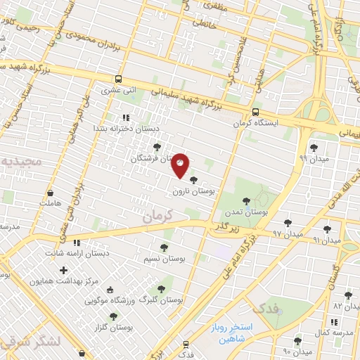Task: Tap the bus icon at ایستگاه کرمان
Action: click(255, 111)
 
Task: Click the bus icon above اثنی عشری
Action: click(118, 79)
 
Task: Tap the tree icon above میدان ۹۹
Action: click(313, 148)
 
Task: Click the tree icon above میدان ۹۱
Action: click(327, 229)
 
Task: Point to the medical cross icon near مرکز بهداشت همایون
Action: click(64, 270)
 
